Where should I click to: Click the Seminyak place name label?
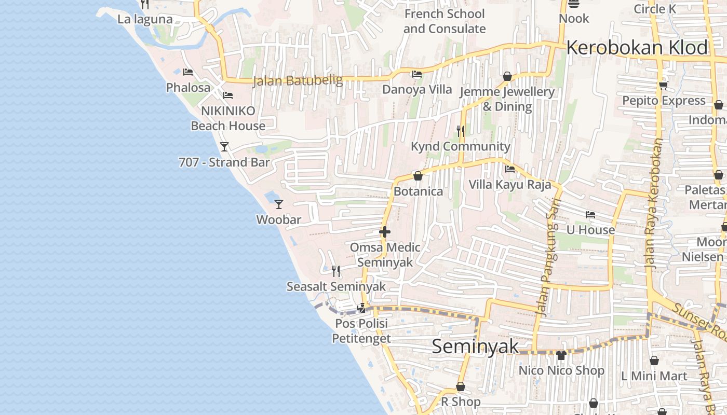tap(475, 347)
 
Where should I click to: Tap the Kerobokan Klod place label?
tap(637, 48)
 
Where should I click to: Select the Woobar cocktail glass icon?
tap(279, 204)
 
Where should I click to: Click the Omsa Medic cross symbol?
tap(385, 232)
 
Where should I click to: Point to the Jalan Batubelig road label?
tap(298, 80)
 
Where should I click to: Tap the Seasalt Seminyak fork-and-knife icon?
tap(336, 271)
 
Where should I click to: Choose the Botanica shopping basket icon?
tap(418, 176)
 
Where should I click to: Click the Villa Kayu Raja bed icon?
tap(510, 169)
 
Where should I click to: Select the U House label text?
tap(590, 230)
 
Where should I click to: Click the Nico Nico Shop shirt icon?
tap(561, 355)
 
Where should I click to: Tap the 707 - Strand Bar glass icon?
tap(224, 147)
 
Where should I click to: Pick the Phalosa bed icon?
tap(188, 72)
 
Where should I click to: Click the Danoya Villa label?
tap(417, 89)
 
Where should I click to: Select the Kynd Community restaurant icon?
tap(461, 131)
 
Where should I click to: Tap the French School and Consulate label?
tap(445, 21)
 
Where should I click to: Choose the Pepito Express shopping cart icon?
tap(663, 85)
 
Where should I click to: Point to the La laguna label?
tap(145, 19)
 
